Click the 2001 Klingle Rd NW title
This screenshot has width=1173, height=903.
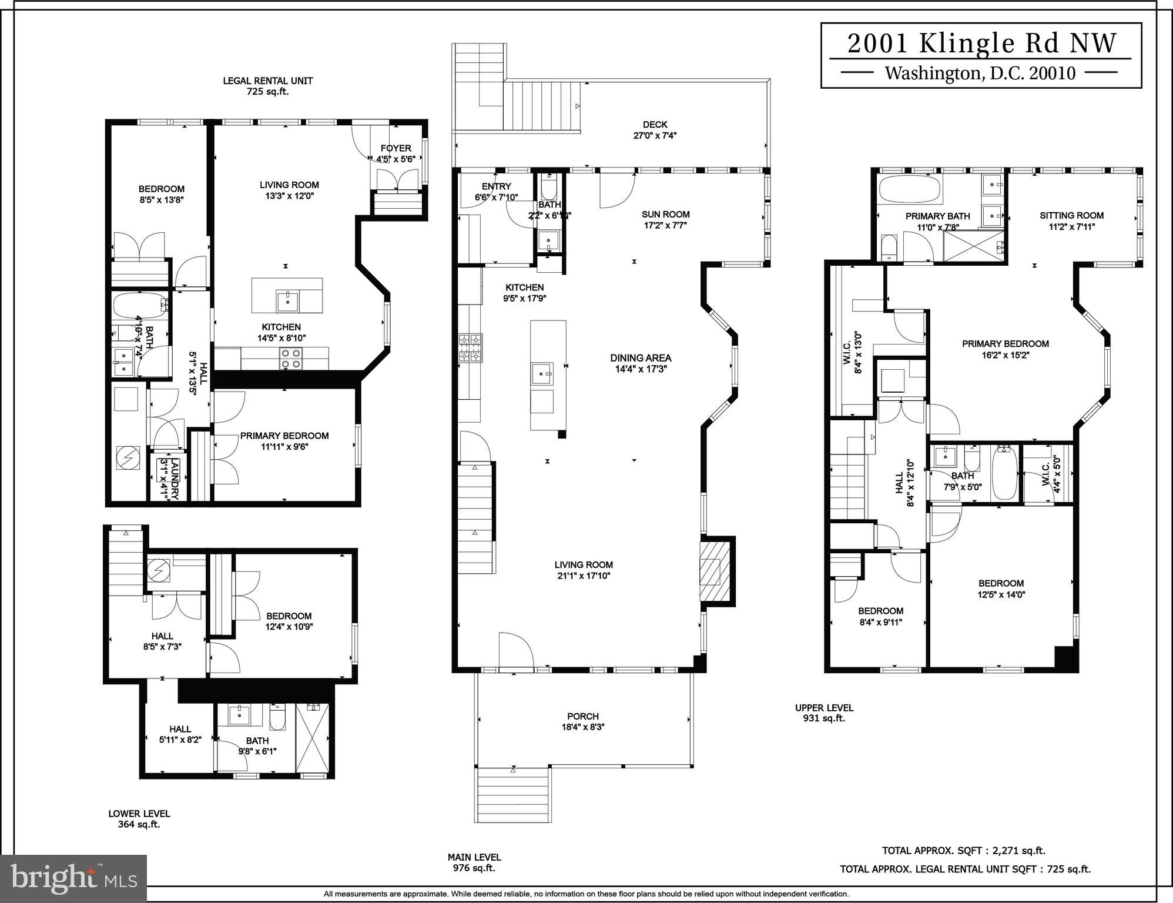point(981,44)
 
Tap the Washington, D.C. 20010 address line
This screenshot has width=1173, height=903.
point(980,73)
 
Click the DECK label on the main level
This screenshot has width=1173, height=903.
point(655,125)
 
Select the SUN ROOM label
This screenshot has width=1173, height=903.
point(665,215)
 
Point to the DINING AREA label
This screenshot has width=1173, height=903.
point(640,358)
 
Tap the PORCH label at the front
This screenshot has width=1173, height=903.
point(582,717)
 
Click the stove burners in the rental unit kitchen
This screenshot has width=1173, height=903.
point(290,359)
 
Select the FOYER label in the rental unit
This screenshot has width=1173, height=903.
point(396,149)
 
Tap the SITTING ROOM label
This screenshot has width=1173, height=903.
point(1071,216)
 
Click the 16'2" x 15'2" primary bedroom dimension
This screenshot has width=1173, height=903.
point(1005,355)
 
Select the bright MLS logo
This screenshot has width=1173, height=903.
point(73,878)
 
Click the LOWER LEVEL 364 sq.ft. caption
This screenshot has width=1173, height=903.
point(139,819)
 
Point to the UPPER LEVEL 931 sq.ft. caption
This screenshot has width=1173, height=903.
point(824,713)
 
